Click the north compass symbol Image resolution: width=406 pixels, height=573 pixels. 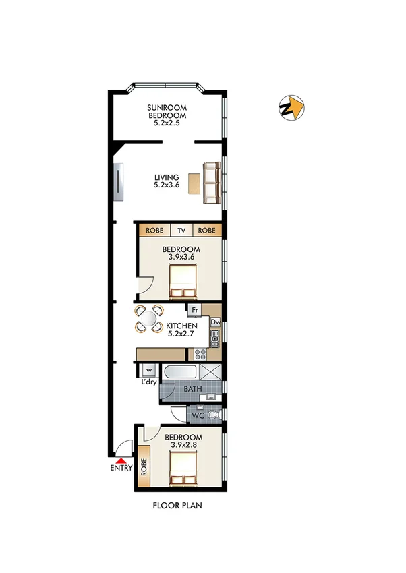(291, 108)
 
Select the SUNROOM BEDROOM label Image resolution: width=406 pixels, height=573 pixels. (167, 115)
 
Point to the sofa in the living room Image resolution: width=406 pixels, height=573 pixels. (212, 183)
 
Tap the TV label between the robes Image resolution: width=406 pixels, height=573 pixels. (181, 230)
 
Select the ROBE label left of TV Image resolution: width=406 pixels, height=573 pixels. (154, 230)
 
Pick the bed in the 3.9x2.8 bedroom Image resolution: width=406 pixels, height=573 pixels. (183, 469)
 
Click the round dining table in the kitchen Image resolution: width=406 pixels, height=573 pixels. (149, 319)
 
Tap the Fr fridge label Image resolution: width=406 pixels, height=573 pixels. (195, 310)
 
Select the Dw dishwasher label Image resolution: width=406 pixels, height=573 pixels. (215, 322)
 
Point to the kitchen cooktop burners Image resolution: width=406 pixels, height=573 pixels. (200, 353)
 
